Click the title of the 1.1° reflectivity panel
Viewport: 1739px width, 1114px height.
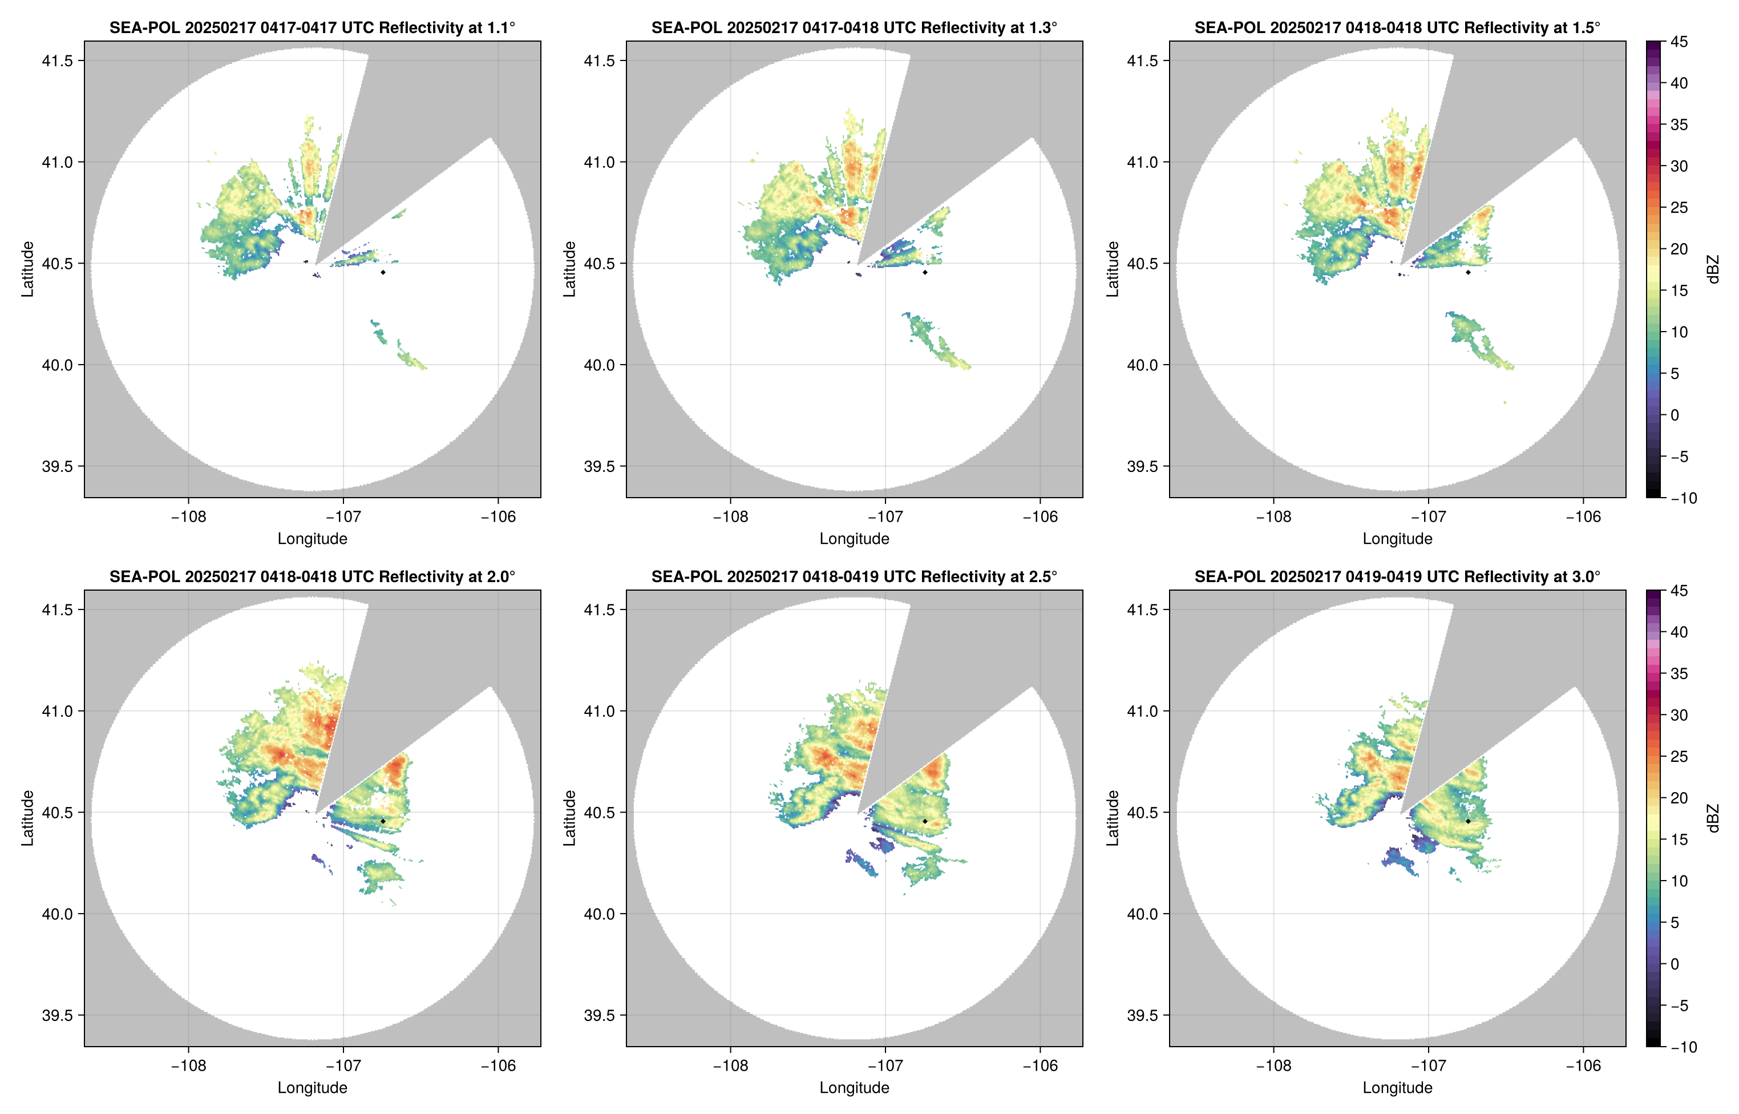coord(312,27)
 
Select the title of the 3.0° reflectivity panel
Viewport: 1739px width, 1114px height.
coord(1397,576)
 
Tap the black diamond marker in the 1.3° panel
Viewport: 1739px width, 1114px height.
coord(925,272)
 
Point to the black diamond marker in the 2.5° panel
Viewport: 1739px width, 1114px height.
coord(925,821)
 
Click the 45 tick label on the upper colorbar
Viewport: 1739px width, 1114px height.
coord(1679,42)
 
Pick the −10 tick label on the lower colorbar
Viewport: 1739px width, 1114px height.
coord(1683,1047)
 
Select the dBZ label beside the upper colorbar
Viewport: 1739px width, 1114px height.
coord(1712,269)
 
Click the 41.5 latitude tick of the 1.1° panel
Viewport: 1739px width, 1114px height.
coord(58,60)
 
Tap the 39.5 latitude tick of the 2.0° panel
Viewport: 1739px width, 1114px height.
coord(58,1015)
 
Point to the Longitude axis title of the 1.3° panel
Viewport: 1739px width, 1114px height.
coord(854,538)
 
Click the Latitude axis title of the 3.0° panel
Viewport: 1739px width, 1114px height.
coord(1112,818)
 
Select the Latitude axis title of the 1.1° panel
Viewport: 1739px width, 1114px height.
coord(27,269)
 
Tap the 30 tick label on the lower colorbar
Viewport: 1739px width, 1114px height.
coord(1679,715)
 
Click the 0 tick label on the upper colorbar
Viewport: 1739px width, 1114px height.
coord(1675,415)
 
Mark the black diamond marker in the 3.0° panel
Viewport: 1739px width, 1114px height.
coord(1468,821)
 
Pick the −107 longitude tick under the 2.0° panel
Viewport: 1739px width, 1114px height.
coord(343,1065)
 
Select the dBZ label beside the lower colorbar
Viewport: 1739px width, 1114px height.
coord(1712,818)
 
